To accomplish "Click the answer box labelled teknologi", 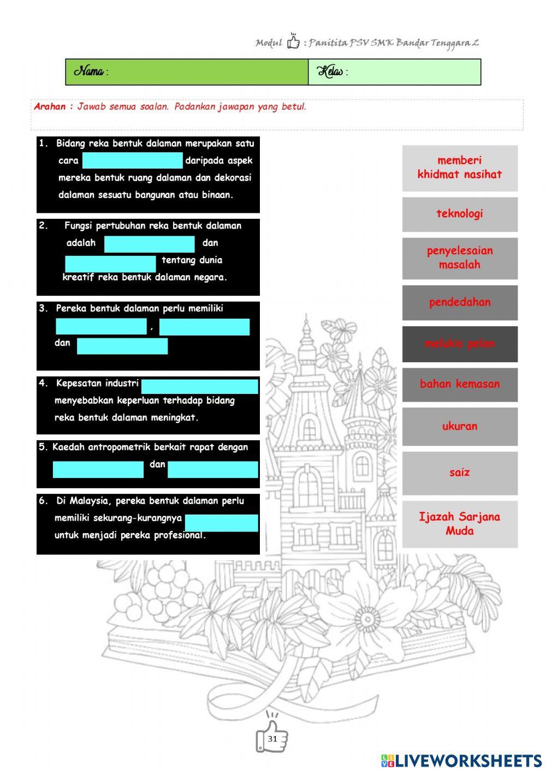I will coord(460,214).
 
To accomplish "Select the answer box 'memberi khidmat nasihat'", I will coord(460,168).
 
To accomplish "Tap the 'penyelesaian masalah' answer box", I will coord(460,258).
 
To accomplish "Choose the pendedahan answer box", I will coord(460,302).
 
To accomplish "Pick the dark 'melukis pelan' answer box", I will coord(460,344).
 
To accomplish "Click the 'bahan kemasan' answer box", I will coord(460,384).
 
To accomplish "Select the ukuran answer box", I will coord(460,426).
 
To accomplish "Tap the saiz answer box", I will coord(460,472).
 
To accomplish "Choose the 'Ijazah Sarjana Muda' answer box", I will coord(460,524).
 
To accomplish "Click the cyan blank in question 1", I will coord(133,160).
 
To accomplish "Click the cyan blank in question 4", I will coord(199,386).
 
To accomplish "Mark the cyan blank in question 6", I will coord(221,523).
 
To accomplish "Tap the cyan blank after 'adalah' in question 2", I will coord(149,244).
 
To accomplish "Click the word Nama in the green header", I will coord(89,71).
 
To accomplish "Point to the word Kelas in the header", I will coord(330,71).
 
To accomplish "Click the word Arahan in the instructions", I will coord(50,107).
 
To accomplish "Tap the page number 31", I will coord(272,739).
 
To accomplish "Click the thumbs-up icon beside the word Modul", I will coord(293,41).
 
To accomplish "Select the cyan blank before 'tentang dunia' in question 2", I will coord(110,264).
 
